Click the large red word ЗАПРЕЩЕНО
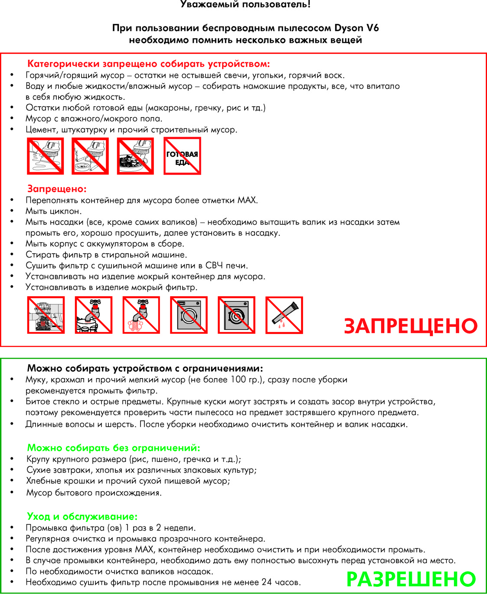point(410,326)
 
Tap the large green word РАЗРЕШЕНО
point(411,579)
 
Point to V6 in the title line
point(373,28)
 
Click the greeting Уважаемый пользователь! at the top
point(245,5)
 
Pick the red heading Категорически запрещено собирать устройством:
point(148,64)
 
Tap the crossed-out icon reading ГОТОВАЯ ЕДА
point(182,156)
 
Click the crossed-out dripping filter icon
point(284,315)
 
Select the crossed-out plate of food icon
point(135,156)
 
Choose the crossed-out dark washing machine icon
point(236,315)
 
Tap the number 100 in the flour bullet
point(238,380)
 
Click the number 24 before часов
point(267,582)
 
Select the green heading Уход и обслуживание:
point(82,516)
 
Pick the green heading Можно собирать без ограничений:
point(114,448)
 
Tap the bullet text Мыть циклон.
point(53,211)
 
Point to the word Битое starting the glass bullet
point(38,401)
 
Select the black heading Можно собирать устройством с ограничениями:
point(145,369)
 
